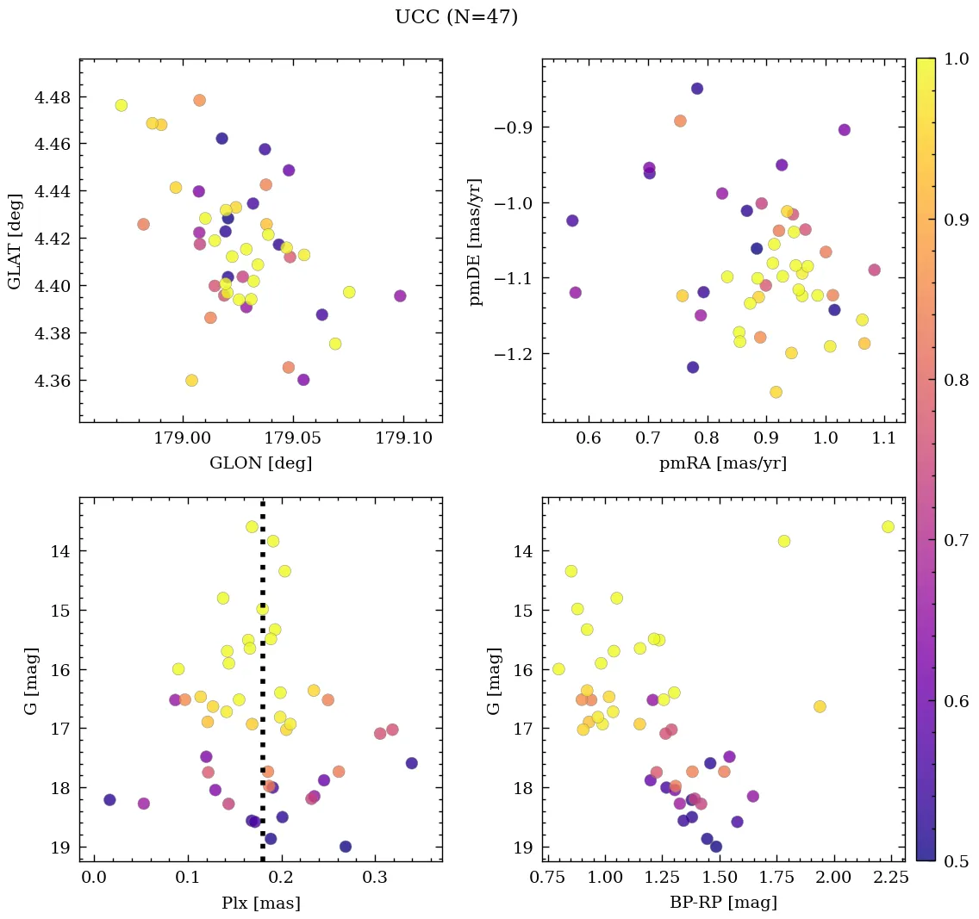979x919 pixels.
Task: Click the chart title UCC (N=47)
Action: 456,17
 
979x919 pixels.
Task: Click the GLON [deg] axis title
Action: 260,463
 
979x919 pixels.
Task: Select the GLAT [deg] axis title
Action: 15,240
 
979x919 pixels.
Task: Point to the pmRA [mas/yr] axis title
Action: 722,463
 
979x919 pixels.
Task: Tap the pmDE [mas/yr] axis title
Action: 475,241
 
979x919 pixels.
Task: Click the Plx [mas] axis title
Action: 260,903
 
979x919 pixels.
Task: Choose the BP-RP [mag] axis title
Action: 722,903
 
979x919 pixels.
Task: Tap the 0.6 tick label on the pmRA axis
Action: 589,438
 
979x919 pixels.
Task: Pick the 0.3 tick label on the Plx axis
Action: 375,878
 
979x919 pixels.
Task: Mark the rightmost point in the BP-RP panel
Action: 888,526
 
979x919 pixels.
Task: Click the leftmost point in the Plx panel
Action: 109,799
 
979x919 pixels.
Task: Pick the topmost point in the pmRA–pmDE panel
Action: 696,88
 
